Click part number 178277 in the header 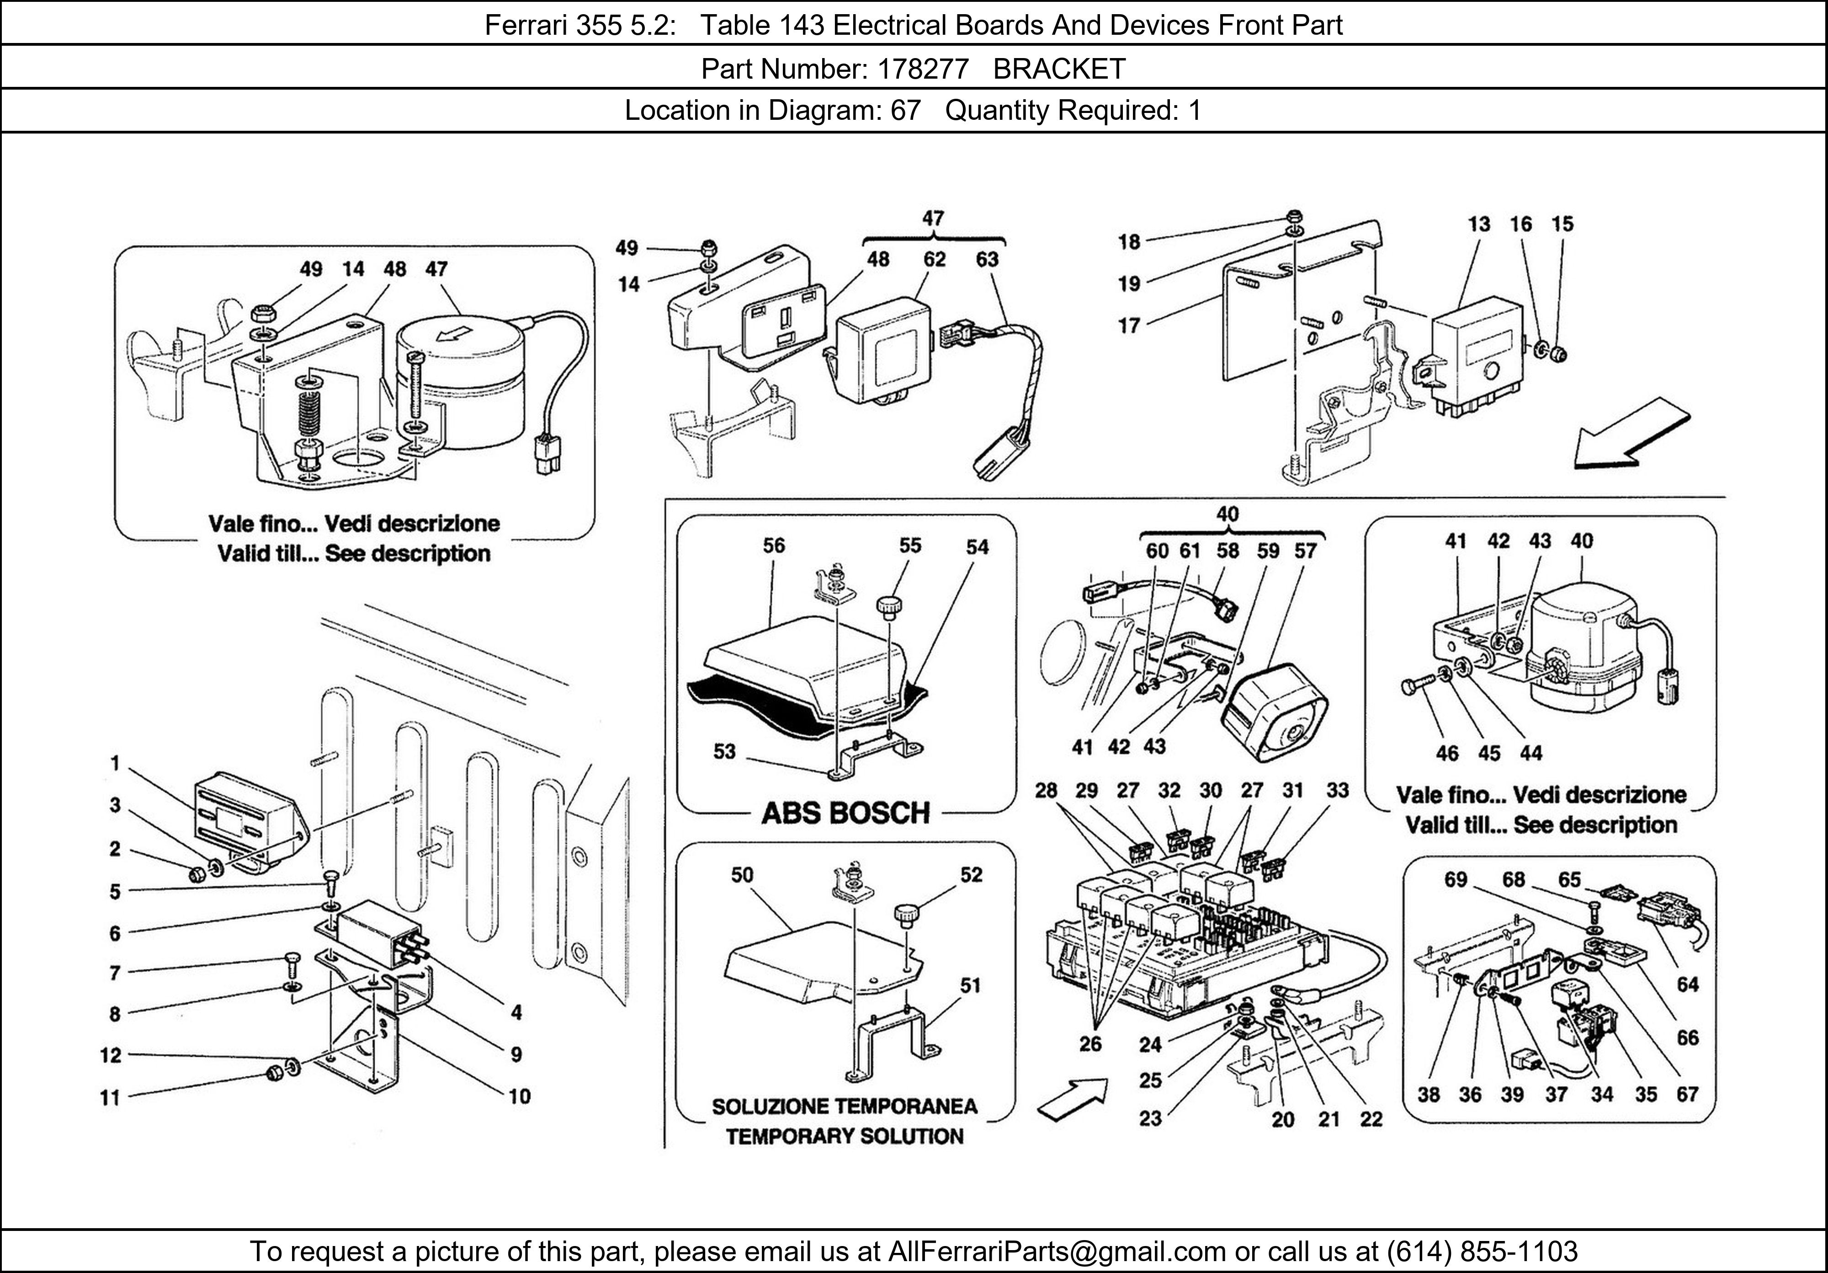pyautogui.click(x=923, y=70)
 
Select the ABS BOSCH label pyautogui.click(x=845, y=813)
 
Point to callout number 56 pyautogui.click(x=773, y=546)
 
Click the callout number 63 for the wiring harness pyautogui.click(x=987, y=260)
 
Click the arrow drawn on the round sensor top pyautogui.click(x=452, y=335)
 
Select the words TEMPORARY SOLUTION pyautogui.click(x=845, y=1136)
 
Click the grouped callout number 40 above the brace pyautogui.click(x=1228, y=514)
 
